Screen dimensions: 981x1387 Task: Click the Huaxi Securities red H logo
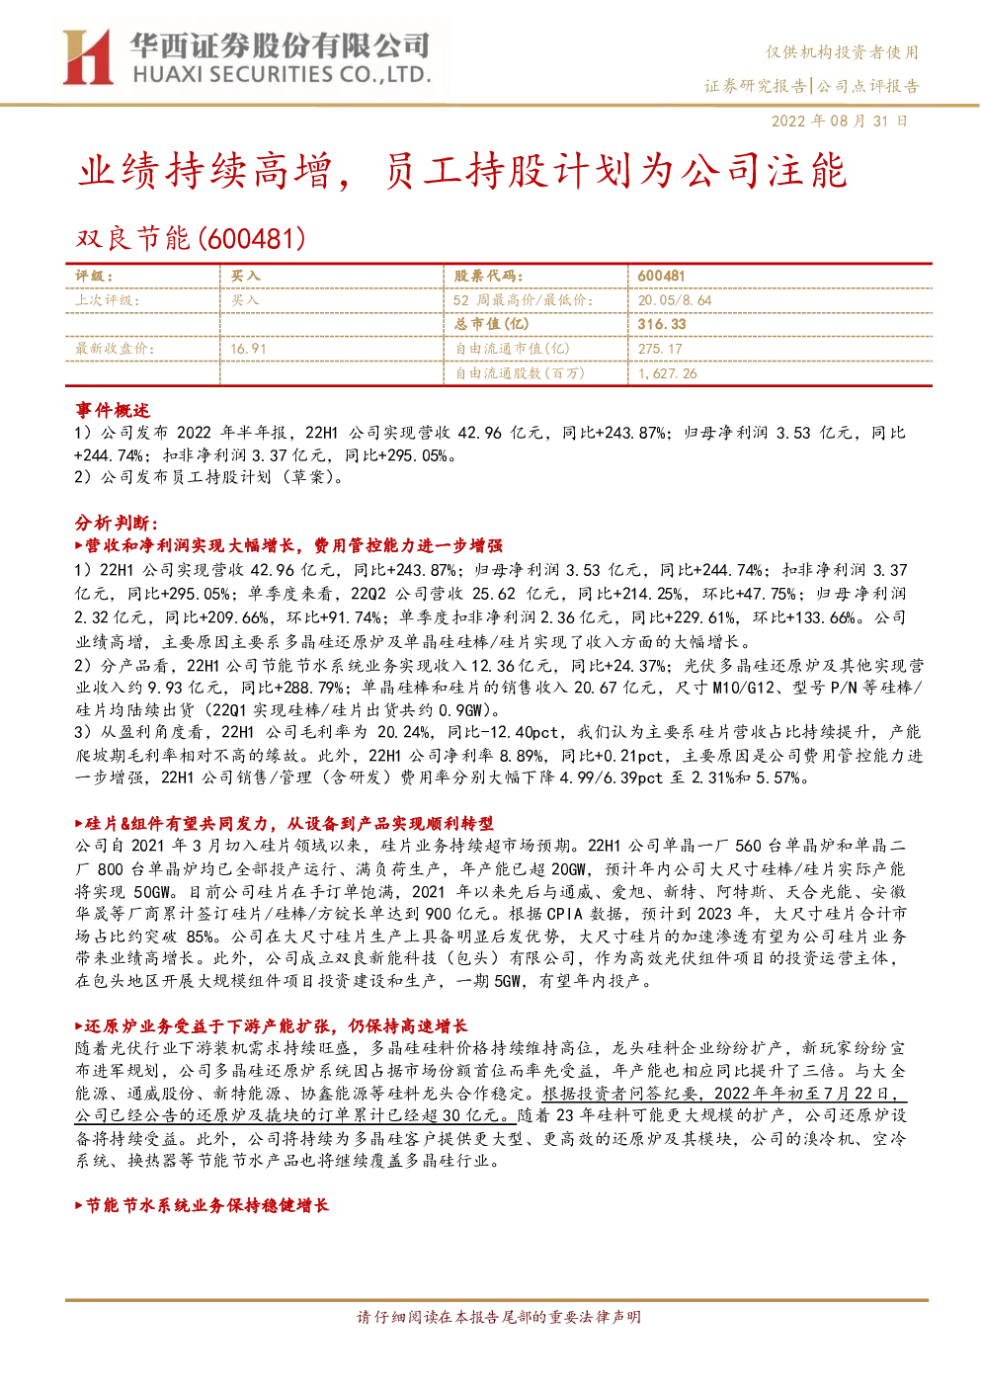[x=87, y=57]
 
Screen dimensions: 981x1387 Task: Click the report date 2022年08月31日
[x=839, y=121]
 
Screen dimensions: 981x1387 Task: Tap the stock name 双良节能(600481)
[x=191, y=238]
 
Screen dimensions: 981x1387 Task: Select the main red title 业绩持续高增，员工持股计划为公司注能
[x=462, y=170]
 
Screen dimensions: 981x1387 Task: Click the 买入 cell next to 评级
[x=245, y=277]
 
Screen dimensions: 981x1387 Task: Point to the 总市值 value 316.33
[x=662, y=324]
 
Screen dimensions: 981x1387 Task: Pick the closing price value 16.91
[x=248, y=349]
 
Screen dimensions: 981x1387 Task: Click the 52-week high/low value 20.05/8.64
[x=675, y=300]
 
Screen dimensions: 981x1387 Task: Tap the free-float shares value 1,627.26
[x=667, y=373]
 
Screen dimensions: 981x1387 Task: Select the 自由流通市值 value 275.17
[x=660, y=349]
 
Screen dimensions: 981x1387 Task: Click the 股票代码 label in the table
[x=488, y=277]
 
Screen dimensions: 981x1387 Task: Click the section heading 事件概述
[x=113, y=409]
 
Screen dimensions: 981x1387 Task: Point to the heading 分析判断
[x=117, y=523]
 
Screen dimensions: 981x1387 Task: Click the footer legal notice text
[x=499, y=1317]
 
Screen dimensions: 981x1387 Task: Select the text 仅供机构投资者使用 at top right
[x=843, y=52]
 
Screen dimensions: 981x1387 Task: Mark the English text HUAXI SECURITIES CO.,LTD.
[x=282, y=75]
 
